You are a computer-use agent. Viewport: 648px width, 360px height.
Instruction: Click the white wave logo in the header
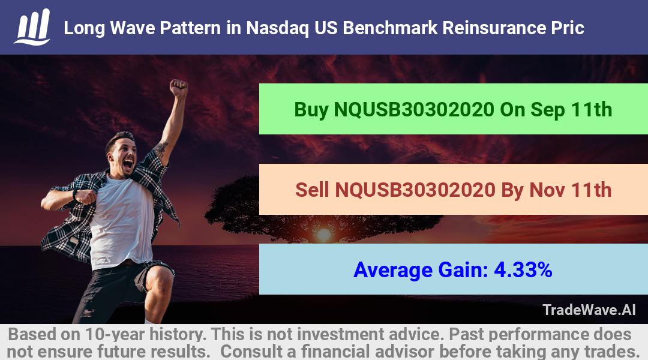tap(32, 27)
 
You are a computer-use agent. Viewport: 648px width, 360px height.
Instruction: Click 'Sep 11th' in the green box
tap(571, 110)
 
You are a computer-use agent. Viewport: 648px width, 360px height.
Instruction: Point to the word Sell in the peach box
tap(312, 190)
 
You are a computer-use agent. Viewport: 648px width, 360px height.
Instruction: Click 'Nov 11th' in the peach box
tap(571, 190)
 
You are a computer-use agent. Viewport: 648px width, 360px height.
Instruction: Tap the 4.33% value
tap(523, 270)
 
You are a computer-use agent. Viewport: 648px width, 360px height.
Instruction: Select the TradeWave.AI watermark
tap(589, 310)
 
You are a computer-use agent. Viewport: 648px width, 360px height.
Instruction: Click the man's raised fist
tap(179, 88)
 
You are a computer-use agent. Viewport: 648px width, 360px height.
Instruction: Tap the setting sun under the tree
tap(323, 235)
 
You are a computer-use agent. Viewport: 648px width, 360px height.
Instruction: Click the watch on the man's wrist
tap(75, 194)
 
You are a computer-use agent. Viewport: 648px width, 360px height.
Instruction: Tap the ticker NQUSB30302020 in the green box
tap(414, 110)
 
